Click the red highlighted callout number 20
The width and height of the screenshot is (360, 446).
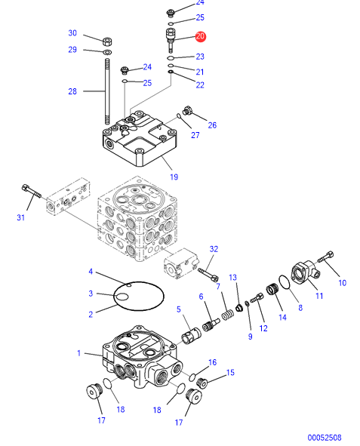click(200, 36)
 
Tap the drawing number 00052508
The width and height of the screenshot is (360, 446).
click(325, 437)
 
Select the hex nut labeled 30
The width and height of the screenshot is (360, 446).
click(107, 42)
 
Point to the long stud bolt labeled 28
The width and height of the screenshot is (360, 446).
click(107, 91)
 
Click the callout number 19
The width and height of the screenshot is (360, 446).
click(174, 177)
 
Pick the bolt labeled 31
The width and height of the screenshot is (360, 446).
click(31, 192)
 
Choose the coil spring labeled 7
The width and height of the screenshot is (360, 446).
click(228, 315)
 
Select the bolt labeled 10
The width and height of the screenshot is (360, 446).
click(325, 257)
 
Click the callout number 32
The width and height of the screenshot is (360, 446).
click(214, 249)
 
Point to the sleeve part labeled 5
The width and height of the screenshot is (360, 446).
click(191, 335)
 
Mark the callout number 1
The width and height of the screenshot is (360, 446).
click(79, 353)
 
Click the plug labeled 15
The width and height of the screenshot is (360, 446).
click(202, 383)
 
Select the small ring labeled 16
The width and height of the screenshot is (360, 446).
click(192, 377)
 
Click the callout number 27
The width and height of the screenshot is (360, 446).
click(195, 135)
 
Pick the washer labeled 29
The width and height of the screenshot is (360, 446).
click(108, 52)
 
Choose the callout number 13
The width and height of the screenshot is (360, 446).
click(233, 277)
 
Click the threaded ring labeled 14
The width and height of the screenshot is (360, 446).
click(273, 290)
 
